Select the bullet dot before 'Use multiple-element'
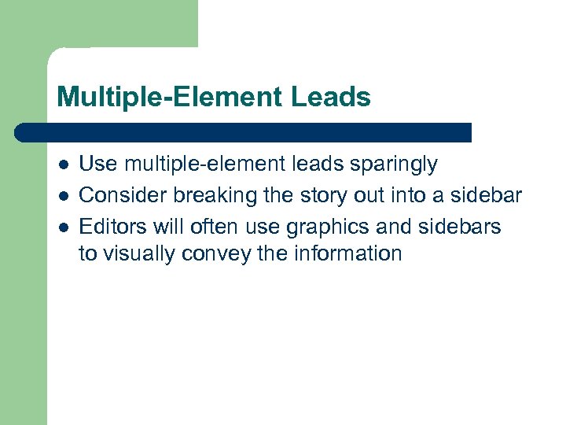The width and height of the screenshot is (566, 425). (62, 165)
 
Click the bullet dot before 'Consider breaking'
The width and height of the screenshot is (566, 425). (62, 194)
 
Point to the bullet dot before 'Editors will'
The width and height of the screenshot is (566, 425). (62, 227)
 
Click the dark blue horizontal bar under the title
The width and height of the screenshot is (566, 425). (244, 131)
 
